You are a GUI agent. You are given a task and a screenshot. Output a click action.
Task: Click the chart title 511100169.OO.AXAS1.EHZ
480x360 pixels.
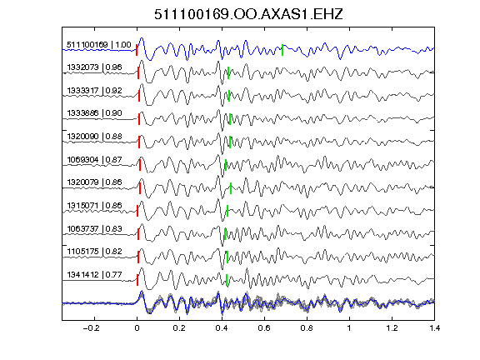point(248,14)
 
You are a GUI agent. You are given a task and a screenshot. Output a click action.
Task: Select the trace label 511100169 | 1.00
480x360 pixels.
point(99,45)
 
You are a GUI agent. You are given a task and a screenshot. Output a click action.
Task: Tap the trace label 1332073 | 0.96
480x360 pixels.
point(95,67)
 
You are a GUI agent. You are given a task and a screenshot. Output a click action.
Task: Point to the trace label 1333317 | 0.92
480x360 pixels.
point(95,91)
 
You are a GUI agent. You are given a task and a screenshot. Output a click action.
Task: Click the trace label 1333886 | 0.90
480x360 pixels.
point(95,113)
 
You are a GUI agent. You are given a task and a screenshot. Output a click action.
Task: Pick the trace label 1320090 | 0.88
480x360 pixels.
point(95,137)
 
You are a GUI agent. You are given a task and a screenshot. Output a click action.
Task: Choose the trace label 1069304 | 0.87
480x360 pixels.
point(95,160)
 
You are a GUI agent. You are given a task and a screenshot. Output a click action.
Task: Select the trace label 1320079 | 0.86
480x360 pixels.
point(95,182)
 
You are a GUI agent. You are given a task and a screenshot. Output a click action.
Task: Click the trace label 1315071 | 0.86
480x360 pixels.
point(95,206)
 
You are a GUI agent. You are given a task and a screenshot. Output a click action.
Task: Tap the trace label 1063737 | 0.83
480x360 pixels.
point(95,229)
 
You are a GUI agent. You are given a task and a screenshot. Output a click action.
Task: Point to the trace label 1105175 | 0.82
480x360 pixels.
point(95,252)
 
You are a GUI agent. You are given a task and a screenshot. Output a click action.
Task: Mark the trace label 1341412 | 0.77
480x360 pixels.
point(95,275)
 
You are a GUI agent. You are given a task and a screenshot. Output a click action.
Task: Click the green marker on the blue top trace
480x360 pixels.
point(282,50)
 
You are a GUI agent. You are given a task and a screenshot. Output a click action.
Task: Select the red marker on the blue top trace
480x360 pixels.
point(137,50)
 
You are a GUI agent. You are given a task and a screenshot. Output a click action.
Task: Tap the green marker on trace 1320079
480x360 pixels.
point(231,188)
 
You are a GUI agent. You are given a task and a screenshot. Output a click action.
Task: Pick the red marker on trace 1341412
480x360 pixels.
point(137,280)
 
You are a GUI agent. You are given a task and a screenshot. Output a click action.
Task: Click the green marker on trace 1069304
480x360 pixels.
point(226,165)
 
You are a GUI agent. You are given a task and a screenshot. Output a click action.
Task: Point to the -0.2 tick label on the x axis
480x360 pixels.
point(92,328)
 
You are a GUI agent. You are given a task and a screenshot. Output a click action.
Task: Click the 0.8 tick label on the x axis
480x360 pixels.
point(307,328)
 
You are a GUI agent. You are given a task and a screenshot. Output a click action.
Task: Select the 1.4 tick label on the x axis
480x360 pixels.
point(435,328)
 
